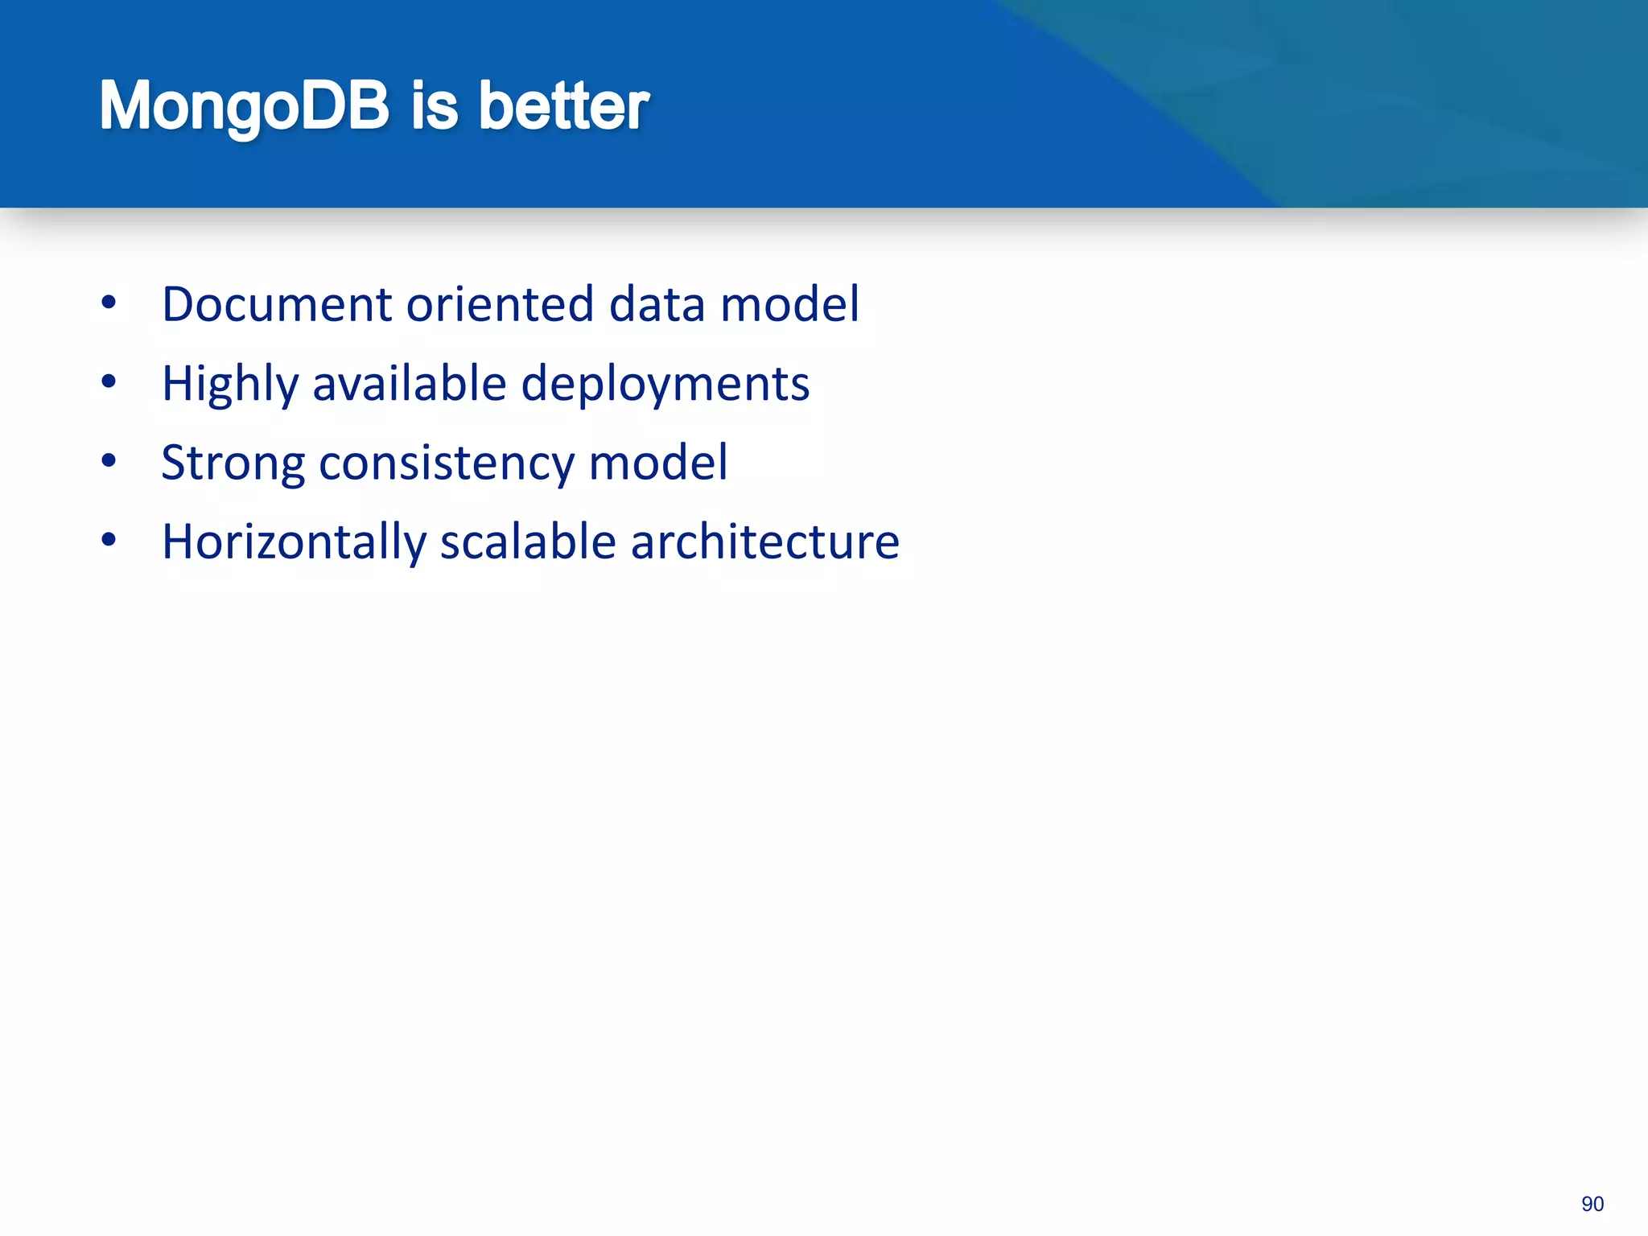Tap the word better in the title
tap(563, 106)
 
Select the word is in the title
tap(435, 106)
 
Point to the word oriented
tap(500, 304)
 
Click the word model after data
tap(789, 304)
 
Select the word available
tap(409, 383)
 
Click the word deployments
tap(665, 384)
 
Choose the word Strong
tap(233, 463)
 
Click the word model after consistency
tap(658, 463)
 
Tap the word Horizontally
tap(294, 542)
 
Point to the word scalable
tap(528, 542)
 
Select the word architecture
tap(764, 542)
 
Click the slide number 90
tap(1592, 1204)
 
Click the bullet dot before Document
tap(109, 303)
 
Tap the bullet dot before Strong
tap(109, 461)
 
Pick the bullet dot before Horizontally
tap(109, 540)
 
